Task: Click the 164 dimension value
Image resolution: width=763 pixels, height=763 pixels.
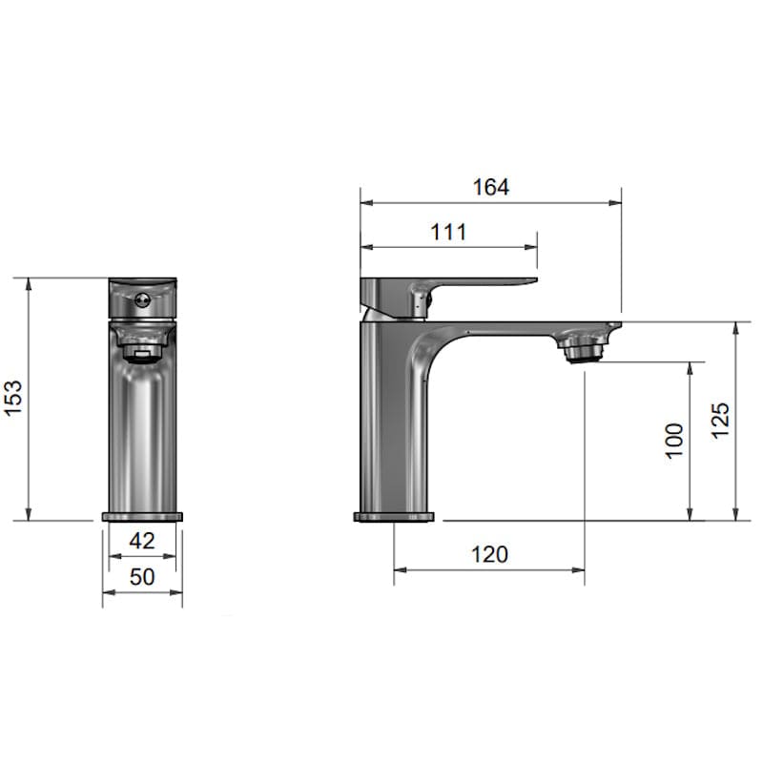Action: click(x=491, y=187)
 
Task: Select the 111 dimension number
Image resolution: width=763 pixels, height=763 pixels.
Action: click(x=448, y=232)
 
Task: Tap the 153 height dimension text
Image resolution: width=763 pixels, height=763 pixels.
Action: click(x=13, y=398)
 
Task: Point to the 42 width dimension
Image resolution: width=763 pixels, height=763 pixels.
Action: click(x=142, y=541)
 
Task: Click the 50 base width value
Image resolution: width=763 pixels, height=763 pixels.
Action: click(x=142, y=577)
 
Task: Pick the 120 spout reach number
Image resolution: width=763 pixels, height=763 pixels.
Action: click(x=489, y=554)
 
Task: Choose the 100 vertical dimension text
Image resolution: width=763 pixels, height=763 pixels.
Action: click(x=674, y=441)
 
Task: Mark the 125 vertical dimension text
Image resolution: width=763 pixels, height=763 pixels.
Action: click(x=721, y=421)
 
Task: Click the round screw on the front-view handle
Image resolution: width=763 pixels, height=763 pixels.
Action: click(x=142, y=299)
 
